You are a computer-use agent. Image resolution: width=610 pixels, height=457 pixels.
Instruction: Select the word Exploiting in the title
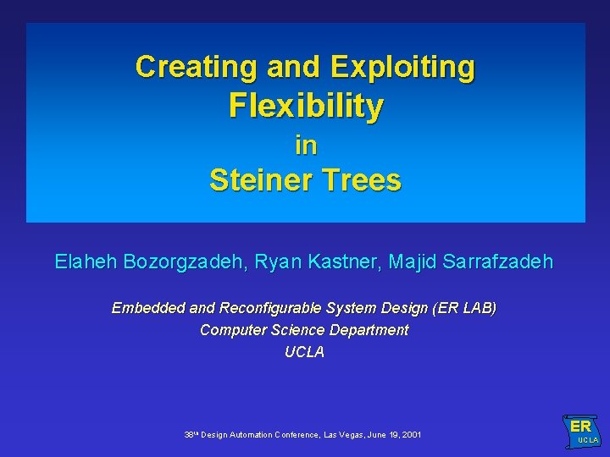click(402, 66)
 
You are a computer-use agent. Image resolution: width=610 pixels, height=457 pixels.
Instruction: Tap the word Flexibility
click(305, 107)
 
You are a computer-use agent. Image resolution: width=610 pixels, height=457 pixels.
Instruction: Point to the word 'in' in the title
click(305, 146)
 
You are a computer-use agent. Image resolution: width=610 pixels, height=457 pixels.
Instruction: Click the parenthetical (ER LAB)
click(464, 308)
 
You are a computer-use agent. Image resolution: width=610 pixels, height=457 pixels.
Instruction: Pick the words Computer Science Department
click(304, 330)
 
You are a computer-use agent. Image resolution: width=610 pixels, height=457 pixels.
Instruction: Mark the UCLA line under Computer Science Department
click(304, 352)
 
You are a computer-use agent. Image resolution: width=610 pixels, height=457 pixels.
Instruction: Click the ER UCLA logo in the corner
click(581, 430)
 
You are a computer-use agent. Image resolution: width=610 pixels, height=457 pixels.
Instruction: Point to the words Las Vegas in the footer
click(345, 435)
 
